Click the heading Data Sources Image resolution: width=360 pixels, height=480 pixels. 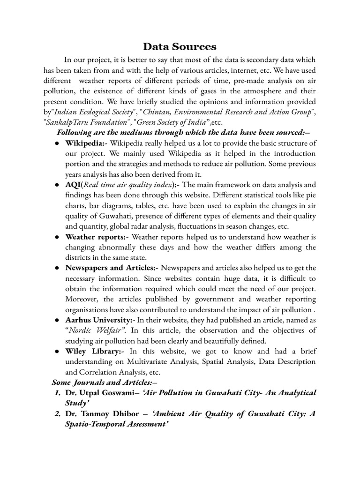tap(180, 46)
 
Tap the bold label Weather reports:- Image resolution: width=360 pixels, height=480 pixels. tap(95, 236)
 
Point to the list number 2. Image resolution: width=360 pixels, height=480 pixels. tap(58, 413)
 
